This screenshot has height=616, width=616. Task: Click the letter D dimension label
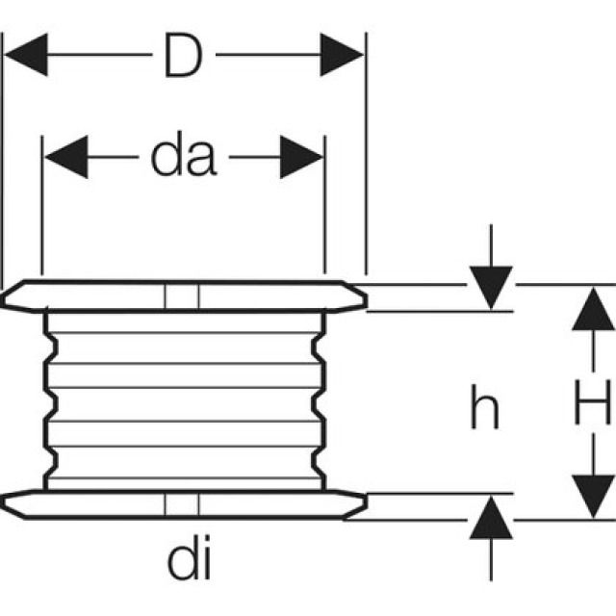click(x=183, y=57)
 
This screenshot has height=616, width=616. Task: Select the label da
click(x=184, y=158)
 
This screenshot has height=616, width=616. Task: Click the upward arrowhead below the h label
click(x=491, y=520)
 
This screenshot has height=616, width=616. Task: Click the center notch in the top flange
click(x=181, y=296)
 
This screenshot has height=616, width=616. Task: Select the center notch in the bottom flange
click(x=181, y=505)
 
